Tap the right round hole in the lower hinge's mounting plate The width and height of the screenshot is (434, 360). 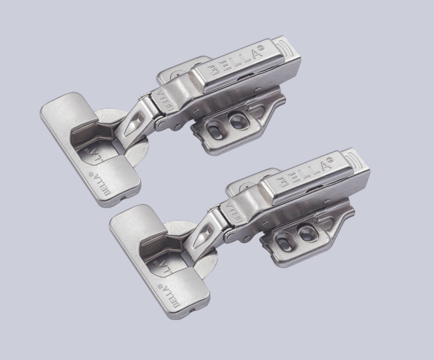click(x=303, y=232)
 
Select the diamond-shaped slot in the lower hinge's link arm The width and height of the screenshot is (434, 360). click(x=205, y=230)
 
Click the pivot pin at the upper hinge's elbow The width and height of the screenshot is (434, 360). click(x=158, y=122)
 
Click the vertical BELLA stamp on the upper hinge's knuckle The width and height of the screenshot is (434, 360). click(x=162, y=99)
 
